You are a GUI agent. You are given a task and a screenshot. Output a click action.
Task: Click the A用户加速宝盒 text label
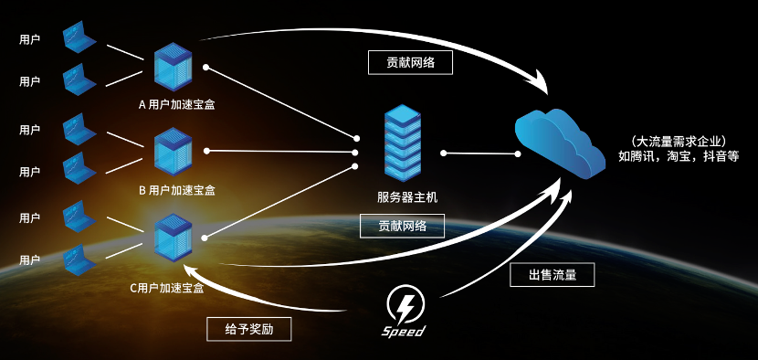176,104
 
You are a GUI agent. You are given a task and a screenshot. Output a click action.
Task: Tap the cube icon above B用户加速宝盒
171,150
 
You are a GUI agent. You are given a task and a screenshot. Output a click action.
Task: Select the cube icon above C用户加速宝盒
171,236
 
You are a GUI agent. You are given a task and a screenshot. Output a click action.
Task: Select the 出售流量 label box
552,274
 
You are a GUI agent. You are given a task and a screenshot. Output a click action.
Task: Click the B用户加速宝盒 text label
176,191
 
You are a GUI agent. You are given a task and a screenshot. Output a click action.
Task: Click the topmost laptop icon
79,39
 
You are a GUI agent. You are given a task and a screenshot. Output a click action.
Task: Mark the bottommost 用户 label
29,259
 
